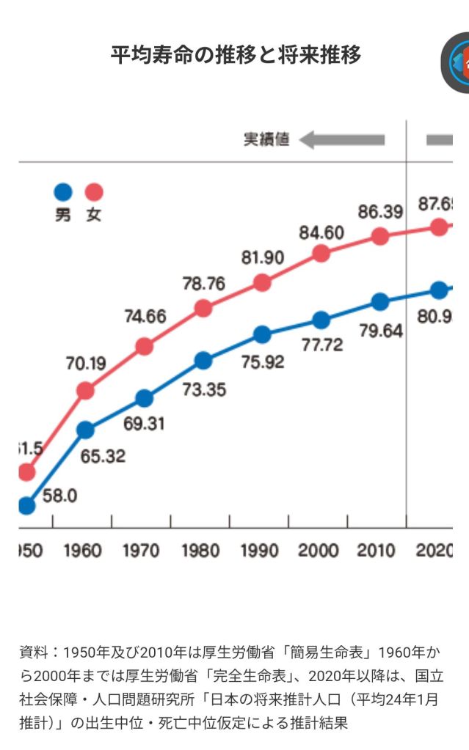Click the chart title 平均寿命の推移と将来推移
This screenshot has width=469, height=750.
click(235, 55)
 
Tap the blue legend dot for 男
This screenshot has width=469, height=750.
click(63, 192)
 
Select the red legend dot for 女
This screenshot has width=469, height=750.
click(94, 192)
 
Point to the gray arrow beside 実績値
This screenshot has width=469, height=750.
click(342, 139)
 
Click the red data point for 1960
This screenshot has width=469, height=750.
click(86, 391)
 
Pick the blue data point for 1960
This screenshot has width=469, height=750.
click(86, 430)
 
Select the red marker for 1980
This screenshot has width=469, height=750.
click(203, 308)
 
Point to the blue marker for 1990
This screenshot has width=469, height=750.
click(262, 334)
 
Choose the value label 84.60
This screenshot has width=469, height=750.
click(321, 233)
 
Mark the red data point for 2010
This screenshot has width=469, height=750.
click(379, 236)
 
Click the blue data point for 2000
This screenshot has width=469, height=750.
click(321, 320)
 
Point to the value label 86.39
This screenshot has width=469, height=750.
click(379, 213)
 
